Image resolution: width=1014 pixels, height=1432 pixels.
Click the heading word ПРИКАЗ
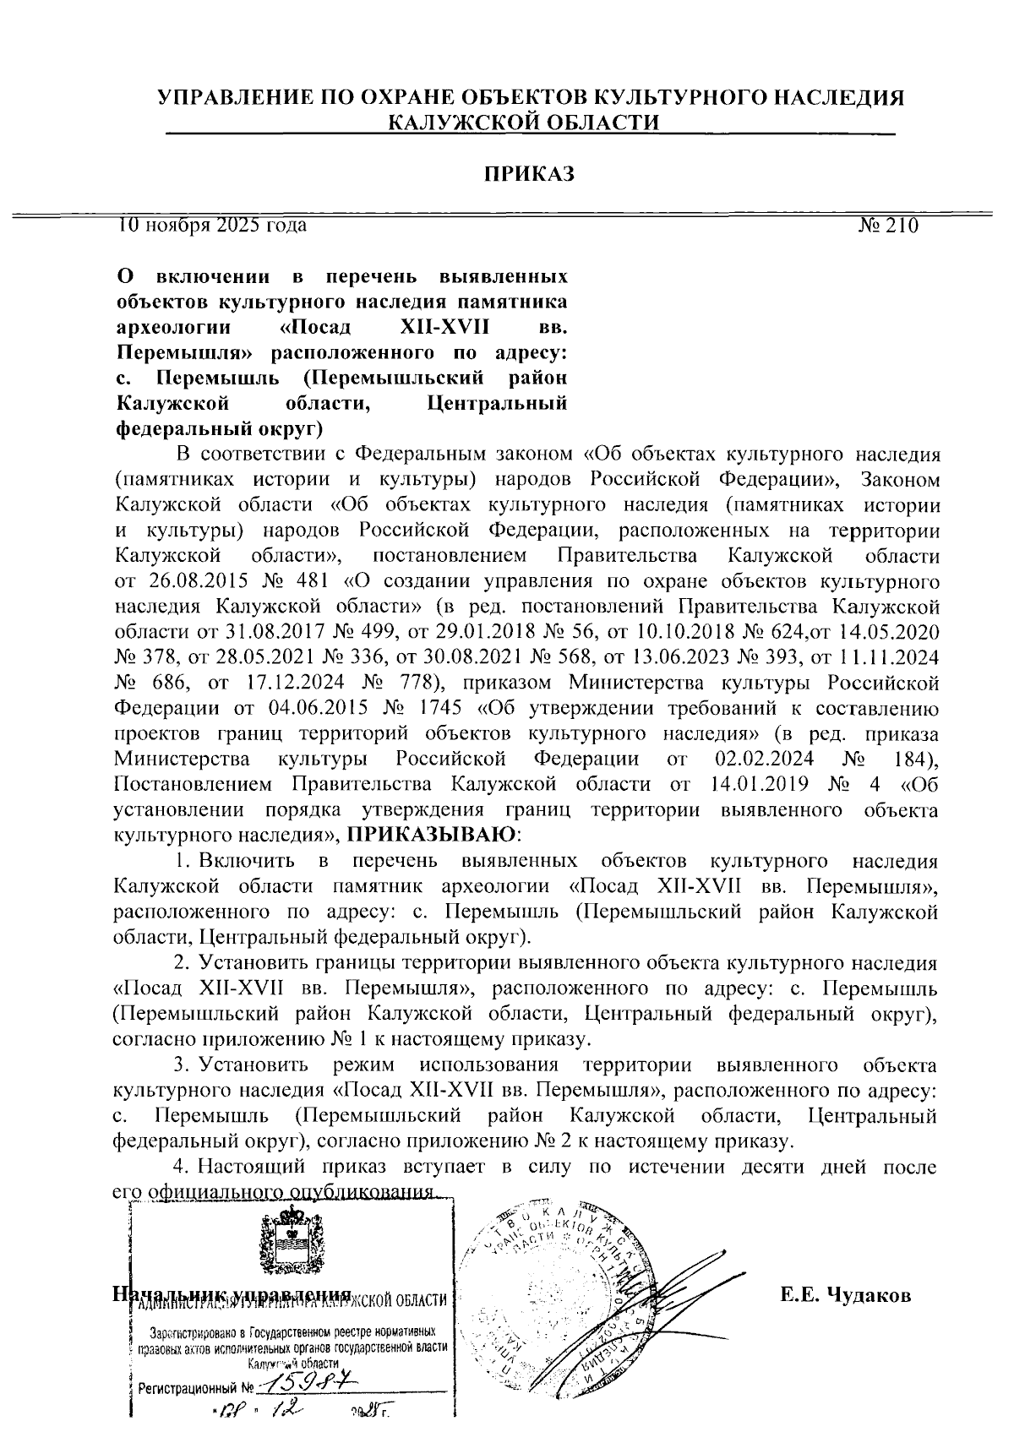[529, 174]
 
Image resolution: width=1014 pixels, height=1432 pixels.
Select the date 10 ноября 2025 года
[212, 225]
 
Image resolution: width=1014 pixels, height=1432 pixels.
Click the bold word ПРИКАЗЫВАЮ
[432, 835]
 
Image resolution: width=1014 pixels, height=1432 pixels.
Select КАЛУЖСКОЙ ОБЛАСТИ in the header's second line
[522, 123]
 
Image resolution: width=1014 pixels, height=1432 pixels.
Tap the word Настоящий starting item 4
[251, 1167]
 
